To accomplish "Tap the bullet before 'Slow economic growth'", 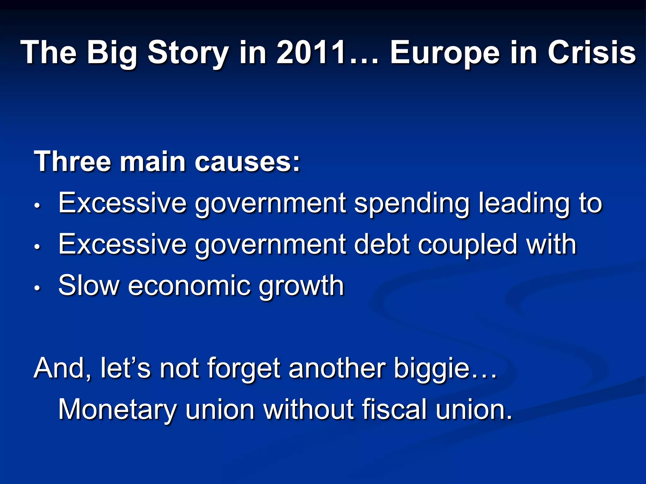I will tap(37, 288).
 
